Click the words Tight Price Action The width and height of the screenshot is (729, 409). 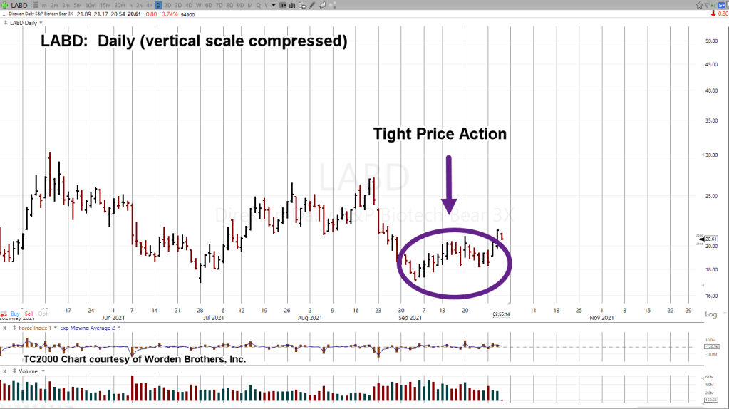(440, 134)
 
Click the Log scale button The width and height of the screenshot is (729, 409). (711, 314)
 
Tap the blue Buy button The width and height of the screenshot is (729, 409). (15, 314)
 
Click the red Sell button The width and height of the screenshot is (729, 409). (29, 314)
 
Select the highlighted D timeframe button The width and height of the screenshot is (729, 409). (158, 5)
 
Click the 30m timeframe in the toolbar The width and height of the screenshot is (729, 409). (119, 5)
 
